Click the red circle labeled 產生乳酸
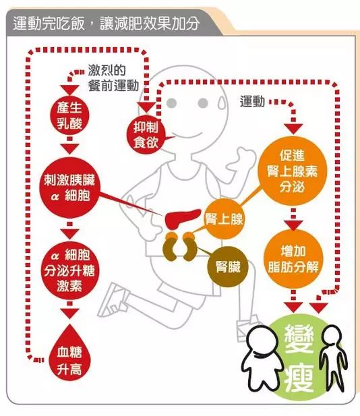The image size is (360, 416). pos(69,116)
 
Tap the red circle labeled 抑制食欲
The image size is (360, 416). pos(146,135)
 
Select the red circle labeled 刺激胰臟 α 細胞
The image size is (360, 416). pos(69,187)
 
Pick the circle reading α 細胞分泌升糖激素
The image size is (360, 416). pos(69,270)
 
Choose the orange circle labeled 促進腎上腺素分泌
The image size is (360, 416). pos(292,171)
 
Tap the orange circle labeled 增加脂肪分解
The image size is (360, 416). pos(293,259)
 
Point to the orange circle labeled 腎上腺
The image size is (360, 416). pos(224,219)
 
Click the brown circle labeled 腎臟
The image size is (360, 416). pos(228,266)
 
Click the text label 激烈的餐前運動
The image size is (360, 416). pos(113,78)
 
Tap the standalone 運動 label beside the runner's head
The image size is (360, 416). pos(252,102)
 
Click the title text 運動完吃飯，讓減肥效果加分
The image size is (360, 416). pos(106,23)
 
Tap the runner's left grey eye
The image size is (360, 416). pos(172,102)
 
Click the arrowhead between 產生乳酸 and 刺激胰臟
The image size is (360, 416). pos(69,148)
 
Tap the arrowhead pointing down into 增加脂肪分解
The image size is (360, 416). pos(293,225)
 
